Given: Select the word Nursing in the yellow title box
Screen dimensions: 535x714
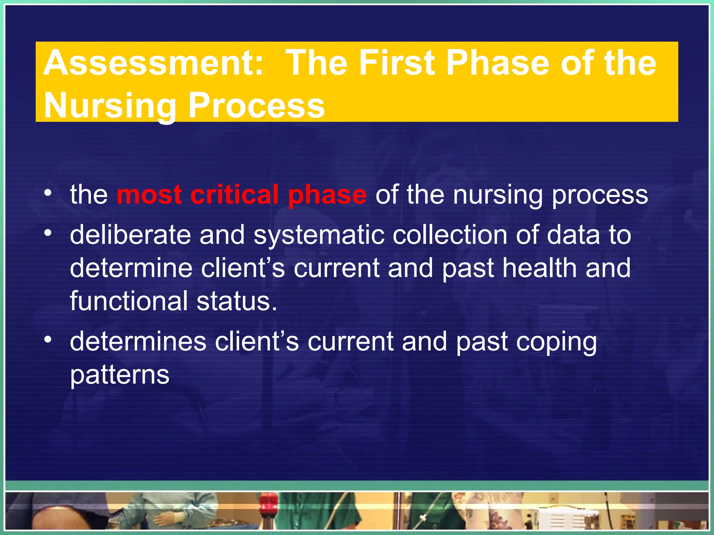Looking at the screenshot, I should coord(110,106).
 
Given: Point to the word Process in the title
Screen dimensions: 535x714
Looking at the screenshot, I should coord(257,106).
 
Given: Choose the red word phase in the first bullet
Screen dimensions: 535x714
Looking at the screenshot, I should coord(327,195).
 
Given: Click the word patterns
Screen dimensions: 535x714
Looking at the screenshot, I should coord(120,375).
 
